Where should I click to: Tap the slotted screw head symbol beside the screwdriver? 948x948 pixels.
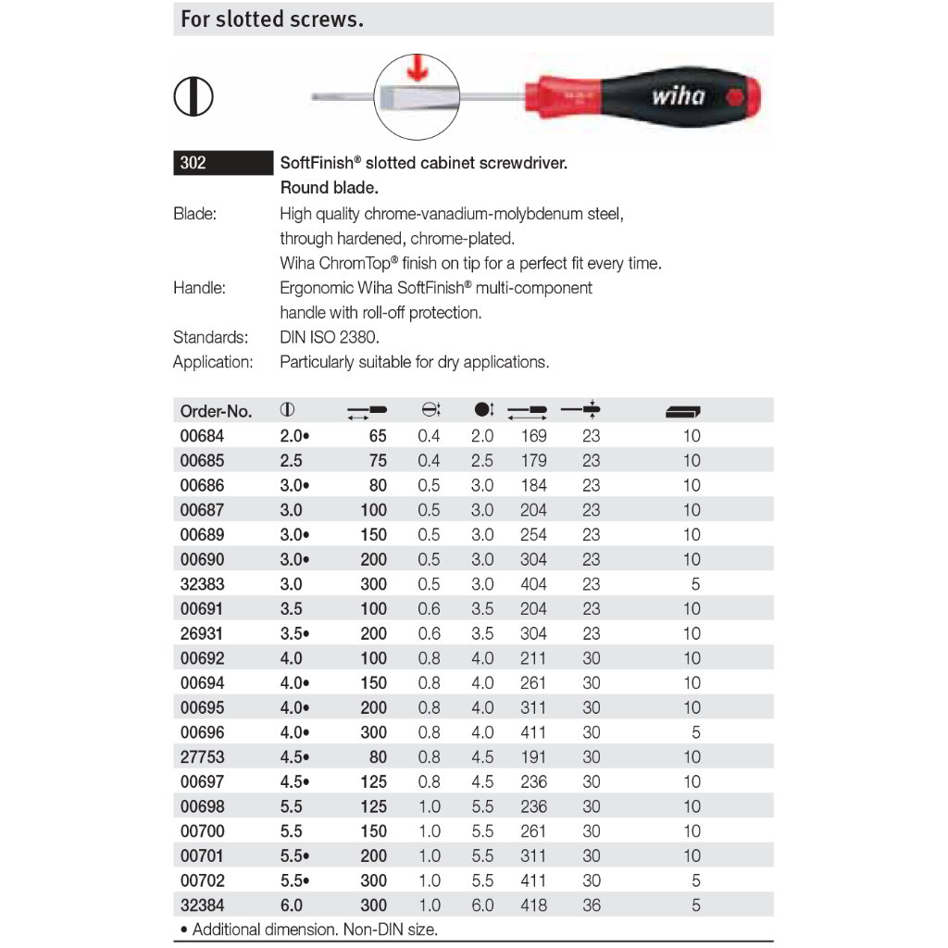point(193,96)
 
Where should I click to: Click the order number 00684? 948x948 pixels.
point(202,436)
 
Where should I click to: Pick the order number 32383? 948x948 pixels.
point(202,584)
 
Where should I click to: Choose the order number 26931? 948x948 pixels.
point(202,634)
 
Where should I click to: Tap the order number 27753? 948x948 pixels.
point(202,757)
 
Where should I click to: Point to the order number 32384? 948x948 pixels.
point(202,905)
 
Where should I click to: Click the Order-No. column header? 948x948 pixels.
point(215,411)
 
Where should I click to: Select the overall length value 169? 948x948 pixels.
point(533,436)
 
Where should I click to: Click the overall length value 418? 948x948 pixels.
point(533,905)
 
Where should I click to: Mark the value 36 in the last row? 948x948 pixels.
point(592,905)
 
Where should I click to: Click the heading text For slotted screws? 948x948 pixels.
point(271,19)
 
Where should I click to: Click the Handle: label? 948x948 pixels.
point(199,288)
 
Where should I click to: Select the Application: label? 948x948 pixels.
point(213,362)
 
